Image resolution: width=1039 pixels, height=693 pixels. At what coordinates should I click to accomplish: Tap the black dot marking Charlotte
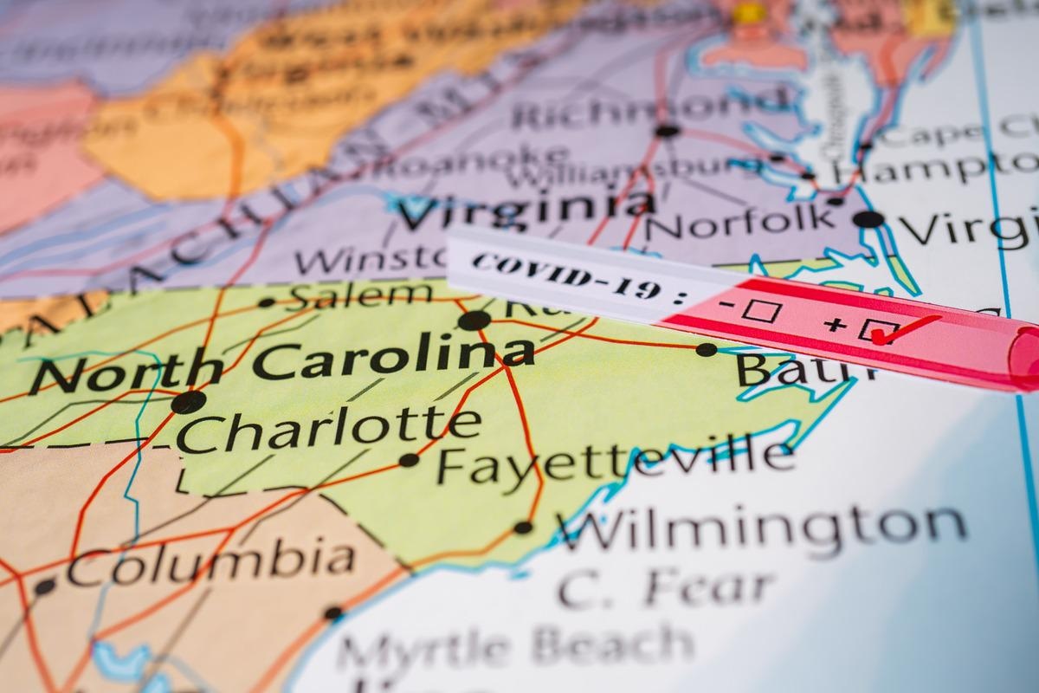[188, 402]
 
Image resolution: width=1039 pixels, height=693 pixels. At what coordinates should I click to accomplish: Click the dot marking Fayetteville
[408, 460]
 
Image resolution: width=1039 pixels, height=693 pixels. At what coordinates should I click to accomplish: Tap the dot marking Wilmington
[523, 527]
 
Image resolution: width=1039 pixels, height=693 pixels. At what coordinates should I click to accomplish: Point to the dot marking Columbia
[44, 586]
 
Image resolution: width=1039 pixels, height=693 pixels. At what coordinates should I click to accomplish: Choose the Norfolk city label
[741, 222]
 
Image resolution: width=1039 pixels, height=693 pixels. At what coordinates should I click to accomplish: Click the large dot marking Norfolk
[868, 218]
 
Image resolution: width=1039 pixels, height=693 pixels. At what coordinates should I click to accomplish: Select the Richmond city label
[649, 108]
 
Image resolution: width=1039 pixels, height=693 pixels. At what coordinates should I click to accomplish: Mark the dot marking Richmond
[667, 131]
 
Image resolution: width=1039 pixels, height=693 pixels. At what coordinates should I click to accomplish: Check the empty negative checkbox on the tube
[761, 311]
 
